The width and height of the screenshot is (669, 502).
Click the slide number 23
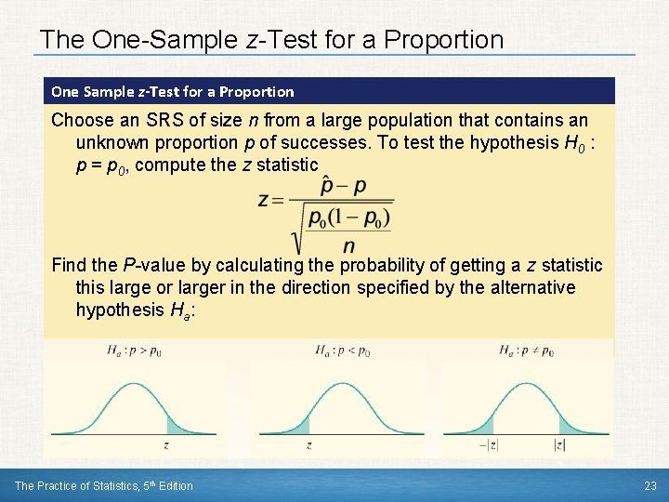[649, 485]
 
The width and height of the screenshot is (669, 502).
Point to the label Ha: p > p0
[136, 350]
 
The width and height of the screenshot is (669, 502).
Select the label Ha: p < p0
[343, 350]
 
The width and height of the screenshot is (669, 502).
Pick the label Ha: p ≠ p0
[526, 350]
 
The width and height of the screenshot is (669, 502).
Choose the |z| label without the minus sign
[559, 445]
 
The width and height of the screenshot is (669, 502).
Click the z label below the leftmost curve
[165, 445]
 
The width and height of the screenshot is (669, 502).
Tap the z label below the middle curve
[308, 445]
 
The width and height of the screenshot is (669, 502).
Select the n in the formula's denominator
[348, 246]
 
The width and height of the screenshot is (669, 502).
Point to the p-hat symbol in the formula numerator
[327, 185]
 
